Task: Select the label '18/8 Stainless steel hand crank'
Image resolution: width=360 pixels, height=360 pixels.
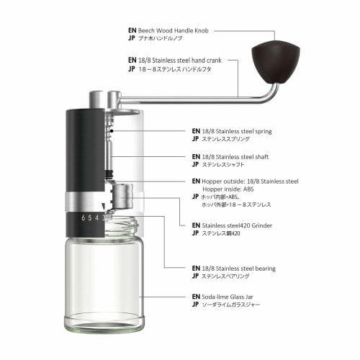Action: click(183, 60)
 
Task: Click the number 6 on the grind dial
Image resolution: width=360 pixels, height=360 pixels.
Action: click(84, 217)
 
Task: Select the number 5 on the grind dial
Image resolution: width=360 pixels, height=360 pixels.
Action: click(90, 217)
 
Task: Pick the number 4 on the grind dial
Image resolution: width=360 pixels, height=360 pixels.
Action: click(97, 217)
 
